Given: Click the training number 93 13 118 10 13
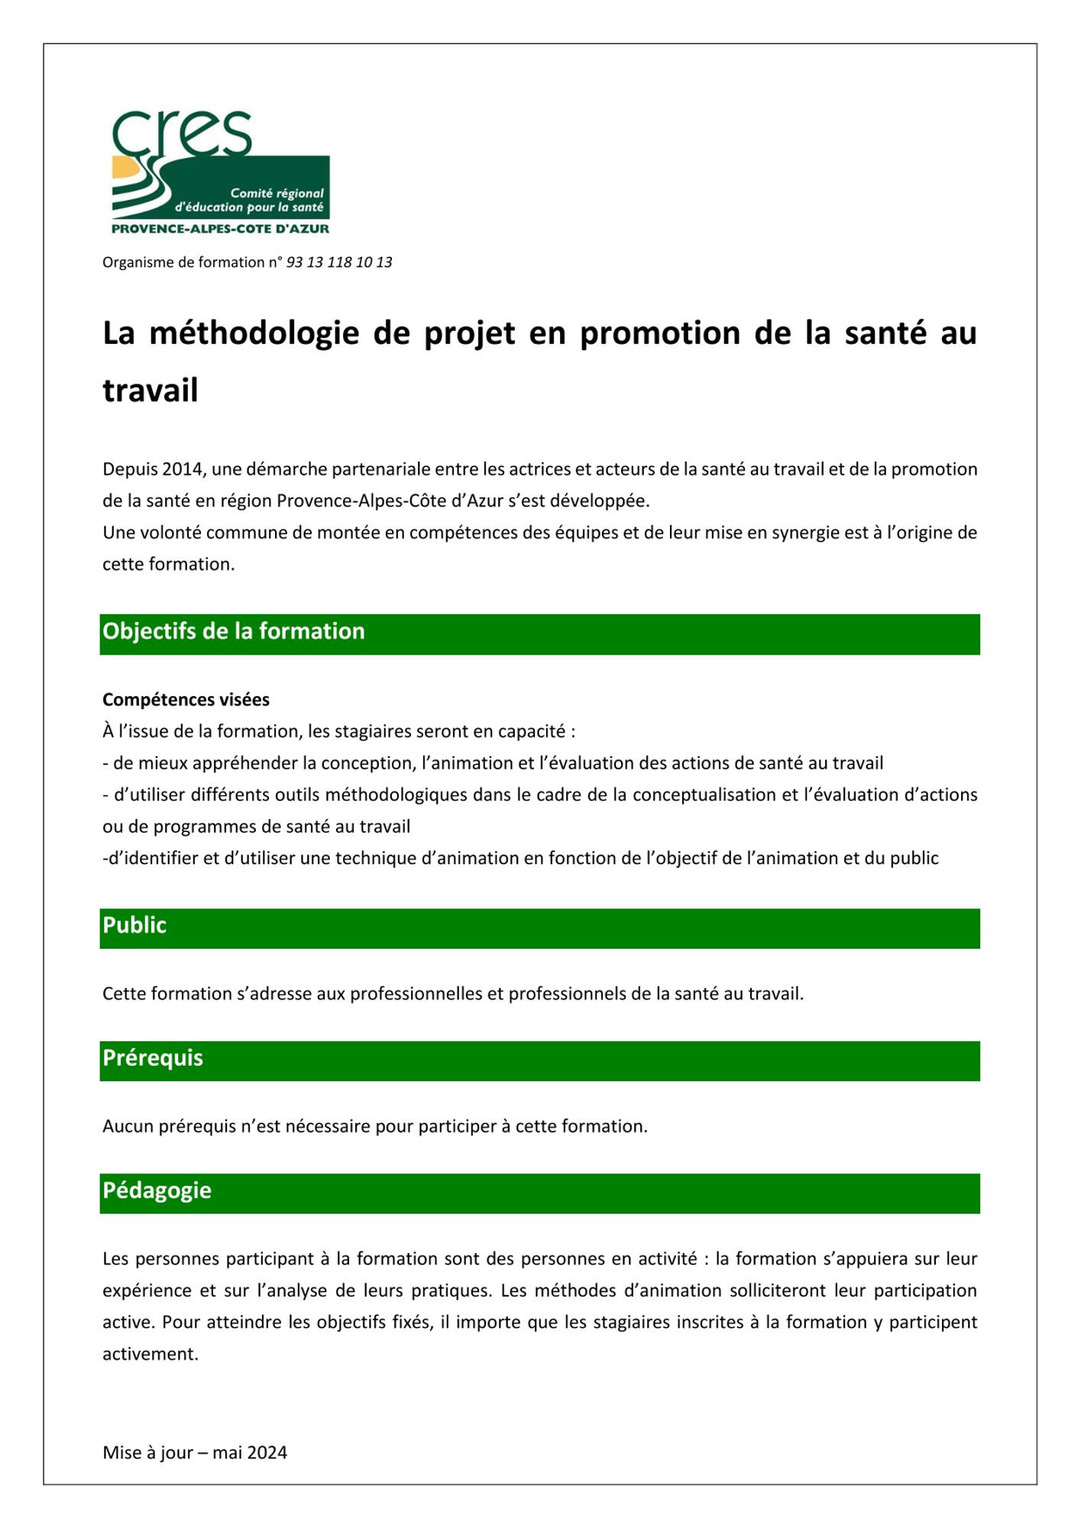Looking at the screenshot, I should (339, 262).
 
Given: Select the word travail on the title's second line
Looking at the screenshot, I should (150, 390).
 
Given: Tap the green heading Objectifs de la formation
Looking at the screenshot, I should (234, 632).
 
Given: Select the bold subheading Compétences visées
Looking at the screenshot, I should (186, 700).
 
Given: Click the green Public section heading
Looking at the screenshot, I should (134, 926).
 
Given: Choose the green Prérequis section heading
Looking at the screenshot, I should (153, 1058).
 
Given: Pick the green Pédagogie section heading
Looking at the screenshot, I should (157, 1191).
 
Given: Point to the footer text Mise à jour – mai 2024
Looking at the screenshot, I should (195, 1453).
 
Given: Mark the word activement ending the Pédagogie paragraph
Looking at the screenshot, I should (150, 1355).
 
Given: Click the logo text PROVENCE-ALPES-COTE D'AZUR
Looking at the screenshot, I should (220, 228).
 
